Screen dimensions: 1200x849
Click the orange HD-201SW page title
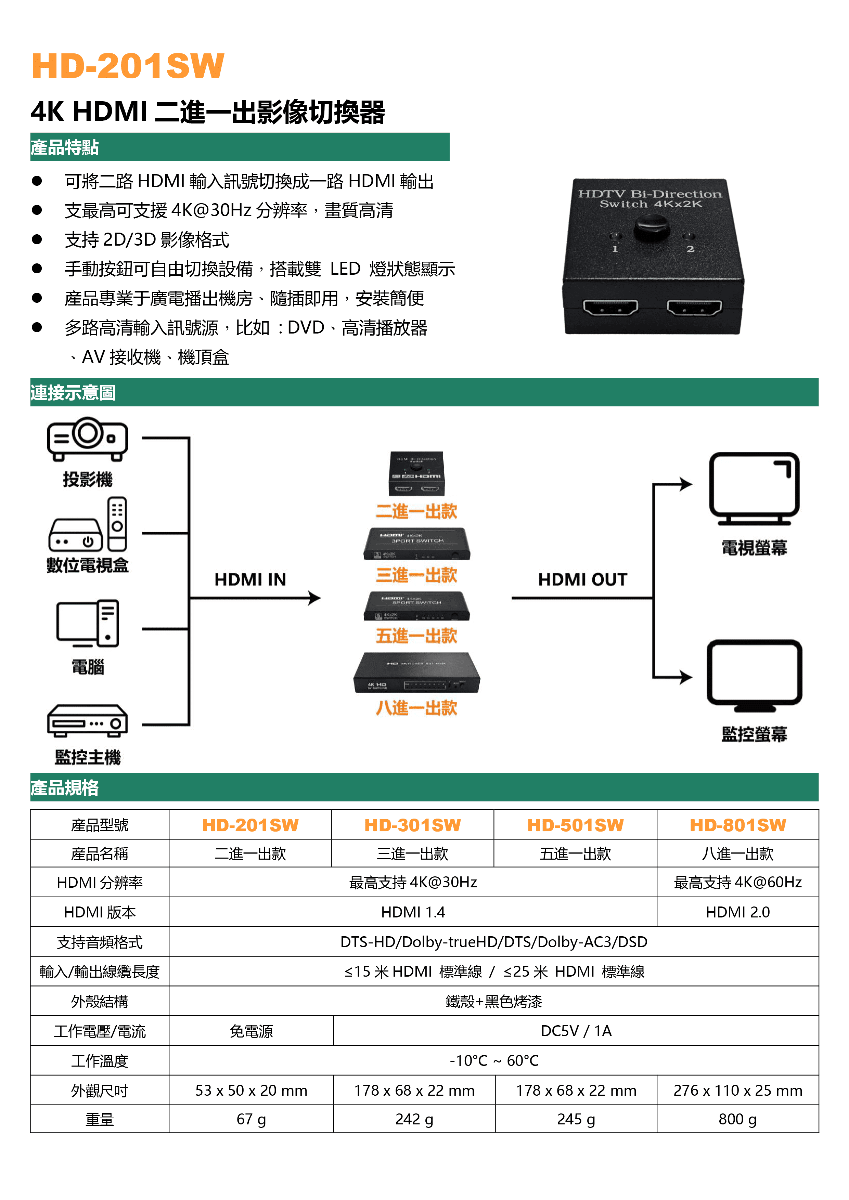(128, 66)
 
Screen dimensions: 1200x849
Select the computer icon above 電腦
(88, 623)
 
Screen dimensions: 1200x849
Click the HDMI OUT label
(582, 579)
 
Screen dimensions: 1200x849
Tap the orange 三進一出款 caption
(417, 575)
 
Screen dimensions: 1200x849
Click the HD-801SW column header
(738, 825)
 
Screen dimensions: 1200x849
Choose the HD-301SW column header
(412, 825)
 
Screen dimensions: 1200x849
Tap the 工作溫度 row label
(99, 1061)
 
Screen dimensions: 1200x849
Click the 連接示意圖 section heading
(73, 392)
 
